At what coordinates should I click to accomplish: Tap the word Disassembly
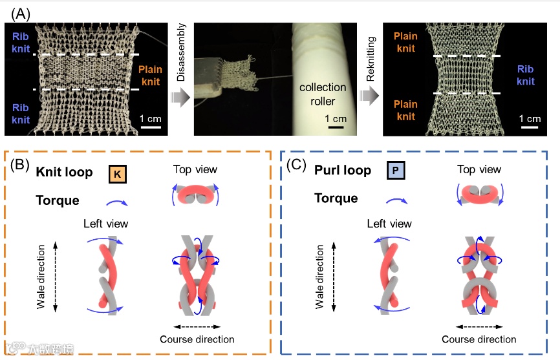[180, 56]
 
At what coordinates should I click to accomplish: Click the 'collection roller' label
[322, 94]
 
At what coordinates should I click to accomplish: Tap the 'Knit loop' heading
[64, 173]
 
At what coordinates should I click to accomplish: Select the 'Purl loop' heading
[343, 171]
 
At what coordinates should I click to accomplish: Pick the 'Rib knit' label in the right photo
[525, 75]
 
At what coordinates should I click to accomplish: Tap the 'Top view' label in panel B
[195, 169]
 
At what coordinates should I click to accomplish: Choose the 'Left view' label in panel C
[389, 224]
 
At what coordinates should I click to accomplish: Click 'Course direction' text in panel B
[197, 339]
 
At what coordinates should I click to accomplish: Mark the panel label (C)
[297, 165]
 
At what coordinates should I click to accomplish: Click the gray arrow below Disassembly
[180, 98]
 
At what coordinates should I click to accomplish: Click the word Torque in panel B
[58, 200]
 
